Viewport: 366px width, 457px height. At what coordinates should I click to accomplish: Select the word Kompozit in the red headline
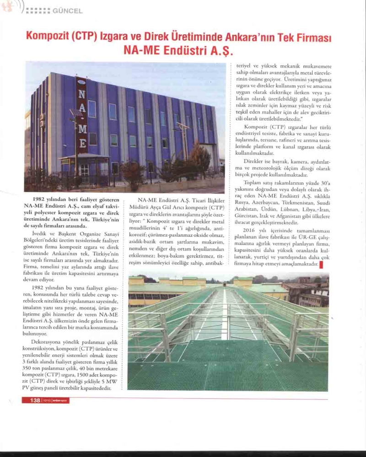(x=45, y=36)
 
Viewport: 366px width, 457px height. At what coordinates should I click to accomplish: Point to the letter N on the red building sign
(x=81, y=95)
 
